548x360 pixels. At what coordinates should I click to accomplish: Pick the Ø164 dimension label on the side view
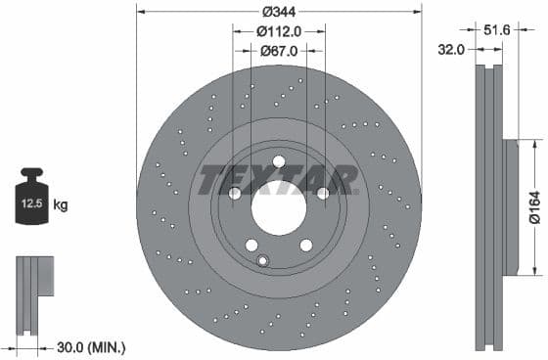(x=534, y=207)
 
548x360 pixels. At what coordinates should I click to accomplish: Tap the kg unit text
(x=61, y=205)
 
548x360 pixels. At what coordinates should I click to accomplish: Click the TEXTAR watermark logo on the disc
(x=279, y=180)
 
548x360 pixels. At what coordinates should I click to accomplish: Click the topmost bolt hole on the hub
(x=278, y=161)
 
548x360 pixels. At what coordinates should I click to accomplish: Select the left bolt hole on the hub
(x=235, y=194)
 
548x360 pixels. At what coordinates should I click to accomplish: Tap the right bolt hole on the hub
(x=322, y=194)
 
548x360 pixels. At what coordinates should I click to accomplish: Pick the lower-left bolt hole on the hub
(x=251, y=245)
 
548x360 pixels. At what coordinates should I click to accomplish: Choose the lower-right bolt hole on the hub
(x=304, y=245)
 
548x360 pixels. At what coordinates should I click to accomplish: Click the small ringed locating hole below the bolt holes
(x=262, y=260)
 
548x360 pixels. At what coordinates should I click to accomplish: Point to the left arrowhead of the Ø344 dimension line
(x=140, y=13)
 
